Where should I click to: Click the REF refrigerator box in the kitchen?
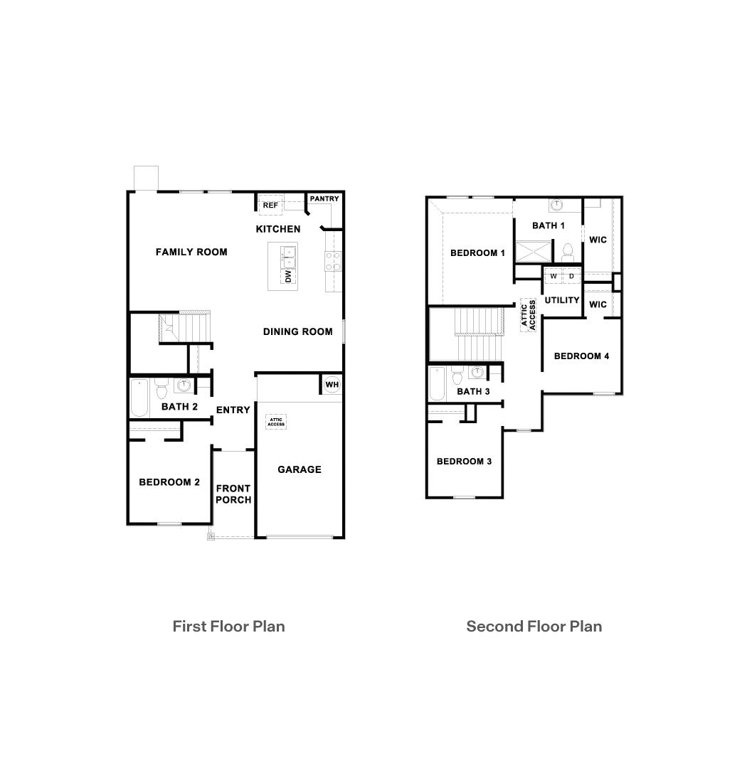pos(270,205)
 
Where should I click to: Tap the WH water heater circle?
pos(332,384)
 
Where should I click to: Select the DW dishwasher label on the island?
pos(288,276)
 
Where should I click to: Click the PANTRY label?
pos(324,199)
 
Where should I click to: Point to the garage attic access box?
pos(276,421)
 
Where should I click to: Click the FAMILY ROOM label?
pos(191,252)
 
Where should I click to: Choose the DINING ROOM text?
pos(297,331)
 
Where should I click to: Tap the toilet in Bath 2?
pos(161,389)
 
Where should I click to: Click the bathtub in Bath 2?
pos(139,398)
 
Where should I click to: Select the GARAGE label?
pos(299,469)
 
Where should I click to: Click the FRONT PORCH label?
pos(233,494)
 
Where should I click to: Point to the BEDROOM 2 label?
pos(169,482)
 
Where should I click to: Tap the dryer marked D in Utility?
pos(571,276)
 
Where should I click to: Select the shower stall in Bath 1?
pos(533,252)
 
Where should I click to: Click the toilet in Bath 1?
pos(568,250)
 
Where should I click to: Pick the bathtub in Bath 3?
pos(437,384)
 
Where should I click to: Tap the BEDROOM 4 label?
pos(581,356)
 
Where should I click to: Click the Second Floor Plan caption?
pos(534,627)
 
